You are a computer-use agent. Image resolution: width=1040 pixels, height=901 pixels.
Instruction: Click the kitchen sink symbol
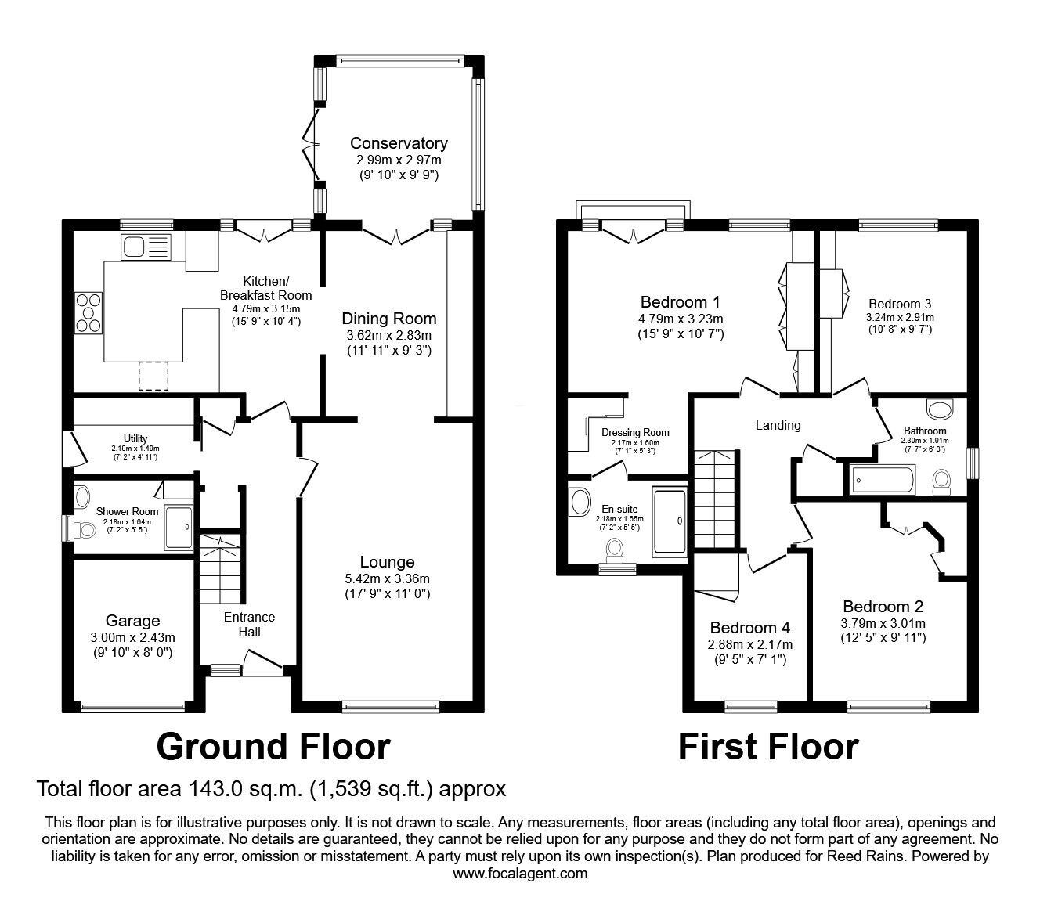pyautogui.click(x=146, y=248)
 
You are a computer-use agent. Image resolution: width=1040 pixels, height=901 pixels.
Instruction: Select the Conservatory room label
pyautogui.click(x=399, y=143)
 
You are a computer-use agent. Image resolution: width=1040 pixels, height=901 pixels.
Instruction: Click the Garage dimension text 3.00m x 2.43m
pyautogui.click(x=133, y=637)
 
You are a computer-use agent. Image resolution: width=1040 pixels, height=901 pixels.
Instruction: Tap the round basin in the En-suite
pyautogui.click(x=579, y=502)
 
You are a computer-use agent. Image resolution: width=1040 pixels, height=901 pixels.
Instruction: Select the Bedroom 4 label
pyautogui.click(x=749, y=628)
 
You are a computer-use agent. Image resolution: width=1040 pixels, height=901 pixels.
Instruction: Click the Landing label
pyautogui.click(x=778, y=425)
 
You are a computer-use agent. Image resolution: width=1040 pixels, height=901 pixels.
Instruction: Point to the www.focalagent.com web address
pyautogui.click(x=520, y=874)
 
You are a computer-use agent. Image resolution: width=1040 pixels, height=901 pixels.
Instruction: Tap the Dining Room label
pyautogui.click(x=388, y=319)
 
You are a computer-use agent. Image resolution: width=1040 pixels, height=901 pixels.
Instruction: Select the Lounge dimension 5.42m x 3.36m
pyautogui.click(x=388, y=578)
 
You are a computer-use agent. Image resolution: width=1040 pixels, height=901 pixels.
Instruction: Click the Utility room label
pyautogui.click(x=135, y=438)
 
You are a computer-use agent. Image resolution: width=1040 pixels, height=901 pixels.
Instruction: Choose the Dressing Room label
pyautogui.click(x=635, y=433)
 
